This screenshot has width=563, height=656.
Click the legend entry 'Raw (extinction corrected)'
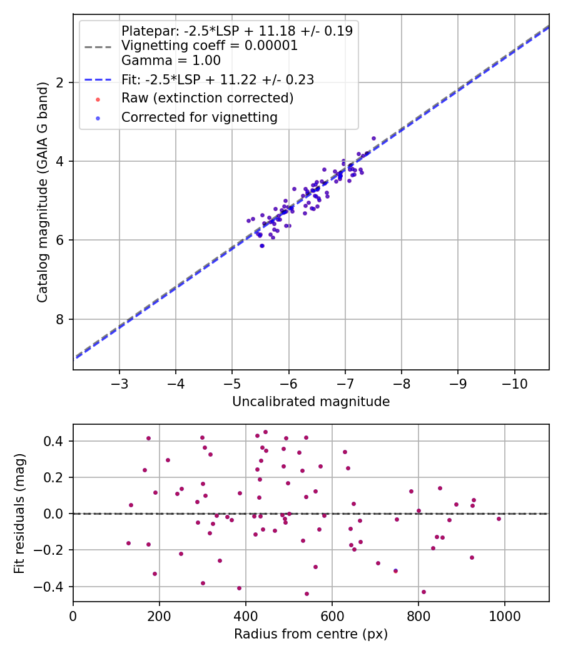pos(207,98)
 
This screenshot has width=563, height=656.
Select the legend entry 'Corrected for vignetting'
pos(200,117)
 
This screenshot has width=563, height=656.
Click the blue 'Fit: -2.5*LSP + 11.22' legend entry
pos(217,79)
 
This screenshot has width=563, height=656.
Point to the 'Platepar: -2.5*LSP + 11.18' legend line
pos(236,31)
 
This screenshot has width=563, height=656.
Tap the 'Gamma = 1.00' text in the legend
pos(171,61)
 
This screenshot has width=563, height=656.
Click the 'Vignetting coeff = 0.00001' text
pos(210,46)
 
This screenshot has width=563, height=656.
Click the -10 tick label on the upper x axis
pos(514,382)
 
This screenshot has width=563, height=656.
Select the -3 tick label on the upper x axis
pos(119,382)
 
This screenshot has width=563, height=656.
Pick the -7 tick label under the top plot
pos(345,382)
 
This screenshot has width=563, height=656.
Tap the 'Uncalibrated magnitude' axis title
pos(311,402)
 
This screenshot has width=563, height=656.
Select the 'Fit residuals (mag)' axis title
pos(19,513)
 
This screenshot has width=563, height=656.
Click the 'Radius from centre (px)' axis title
pos(311,634)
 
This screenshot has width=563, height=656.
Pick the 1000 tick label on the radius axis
pos(505,615)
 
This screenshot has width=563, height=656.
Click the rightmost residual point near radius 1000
pos(499,519)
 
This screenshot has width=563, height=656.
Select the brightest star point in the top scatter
pos(373,138)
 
